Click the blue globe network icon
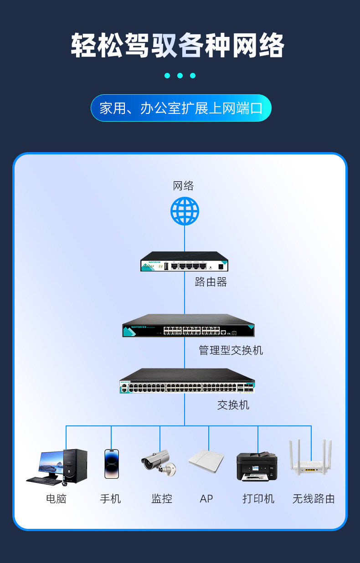coord(185,211)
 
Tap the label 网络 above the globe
coord(183,186)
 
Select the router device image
coord(184,262)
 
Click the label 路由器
coord(211,282)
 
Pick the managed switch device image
coord(188,326)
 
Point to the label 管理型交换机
coord(231,350)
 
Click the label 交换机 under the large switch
coord(233,404)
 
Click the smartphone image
coord(112,464)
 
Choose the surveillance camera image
coord(158,462)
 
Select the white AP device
coord(206,462)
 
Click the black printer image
coord(257,466)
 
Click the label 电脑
coord(56,499)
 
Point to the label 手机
coord(110,499)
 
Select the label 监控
coord(162,499)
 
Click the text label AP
coord(206,499)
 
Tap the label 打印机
coord(258,499)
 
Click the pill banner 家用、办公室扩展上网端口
coord(181,108)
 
